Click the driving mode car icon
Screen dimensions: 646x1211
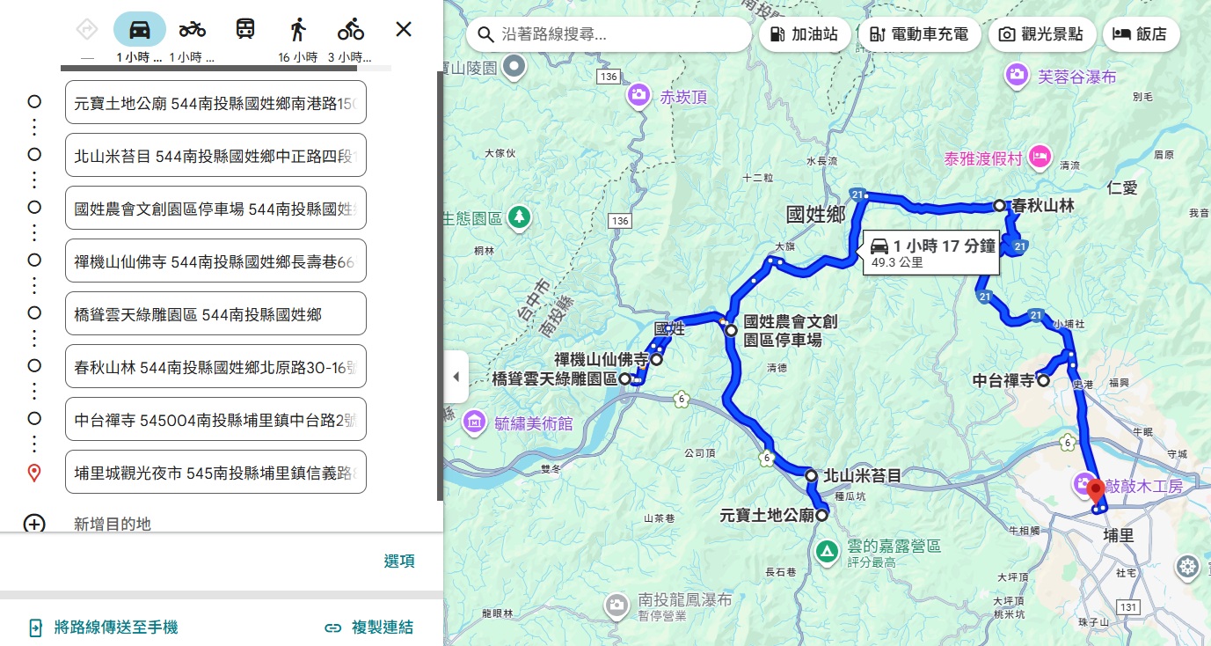(x=140, y=29)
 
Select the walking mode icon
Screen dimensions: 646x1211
(x=298, y=29)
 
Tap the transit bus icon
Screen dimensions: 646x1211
(x=245, y=29)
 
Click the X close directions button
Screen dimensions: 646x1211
(x=404, y=29)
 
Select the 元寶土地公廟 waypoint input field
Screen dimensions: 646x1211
(x=215, y=103)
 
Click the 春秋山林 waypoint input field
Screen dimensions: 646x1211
(x=215, y=366)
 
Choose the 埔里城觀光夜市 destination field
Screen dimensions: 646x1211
(x=215, y=473)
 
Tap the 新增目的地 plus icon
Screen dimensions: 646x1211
(x=34, y=525)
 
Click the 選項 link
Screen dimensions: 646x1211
(x=399, y=562)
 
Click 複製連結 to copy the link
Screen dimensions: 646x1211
(x=369, y=628)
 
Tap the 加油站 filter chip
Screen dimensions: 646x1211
(x=804, y=34)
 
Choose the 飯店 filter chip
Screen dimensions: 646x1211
(x=1140, y=34)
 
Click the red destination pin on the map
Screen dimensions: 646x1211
(x=1096, y=491)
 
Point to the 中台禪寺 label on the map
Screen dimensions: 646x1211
(x=1003, y=381)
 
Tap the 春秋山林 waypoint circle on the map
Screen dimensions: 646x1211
(x=1000, y=205)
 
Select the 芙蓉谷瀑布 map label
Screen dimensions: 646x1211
(x=1076, y=77)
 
